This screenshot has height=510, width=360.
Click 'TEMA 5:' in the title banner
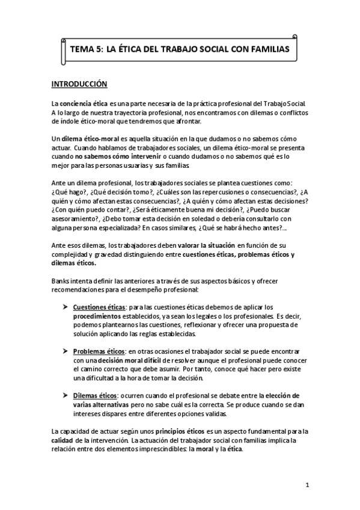tap(87, 49)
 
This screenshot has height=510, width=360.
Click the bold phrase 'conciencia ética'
tap(83, 103)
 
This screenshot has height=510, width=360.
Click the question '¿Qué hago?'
tap(68, 191)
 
